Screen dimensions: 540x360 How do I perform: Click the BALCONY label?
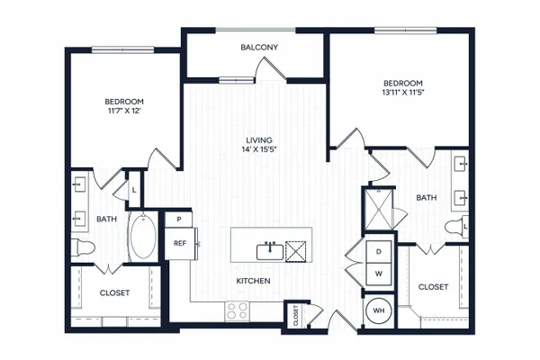pos(259,47)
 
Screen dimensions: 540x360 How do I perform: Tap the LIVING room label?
pos(259,140)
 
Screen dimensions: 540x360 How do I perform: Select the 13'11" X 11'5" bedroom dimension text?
pos(403,93)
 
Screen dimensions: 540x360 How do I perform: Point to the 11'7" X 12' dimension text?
pos(124,111)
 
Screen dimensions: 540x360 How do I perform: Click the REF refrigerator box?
pos(181,244)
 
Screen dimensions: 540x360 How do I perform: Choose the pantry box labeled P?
pos(178,220)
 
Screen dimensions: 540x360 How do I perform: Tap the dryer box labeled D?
pos(379,252)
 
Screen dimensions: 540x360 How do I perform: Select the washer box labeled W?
pos(379,274)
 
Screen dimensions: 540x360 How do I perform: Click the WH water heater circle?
pos(379,310)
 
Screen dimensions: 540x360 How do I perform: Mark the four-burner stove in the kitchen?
pos(238,311)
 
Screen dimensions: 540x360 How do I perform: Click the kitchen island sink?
pos(270,252)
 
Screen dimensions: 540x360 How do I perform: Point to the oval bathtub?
pos(143,237)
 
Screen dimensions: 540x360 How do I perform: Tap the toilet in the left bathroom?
pos(83,247)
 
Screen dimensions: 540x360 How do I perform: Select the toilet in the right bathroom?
pos(456,227)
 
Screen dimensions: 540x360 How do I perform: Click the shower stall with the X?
pos(378,209)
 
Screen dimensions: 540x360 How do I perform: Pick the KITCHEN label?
pos(253,281)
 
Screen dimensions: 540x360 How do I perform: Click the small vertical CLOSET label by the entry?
pos(296,316)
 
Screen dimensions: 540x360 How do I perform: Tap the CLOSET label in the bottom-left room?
pos(114,292)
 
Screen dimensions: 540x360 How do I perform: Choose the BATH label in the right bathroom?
pos(427,198)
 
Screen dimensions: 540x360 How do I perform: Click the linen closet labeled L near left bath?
pos(134,190)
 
